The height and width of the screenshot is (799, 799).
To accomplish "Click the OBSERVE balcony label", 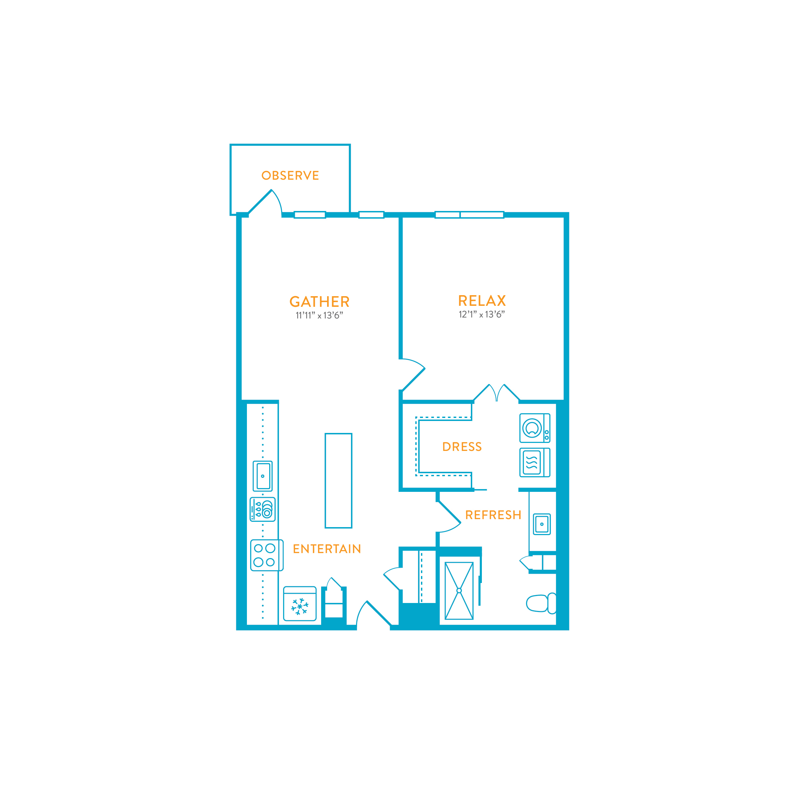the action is [290, 175].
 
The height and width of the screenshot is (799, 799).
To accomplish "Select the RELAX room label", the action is [482, 300].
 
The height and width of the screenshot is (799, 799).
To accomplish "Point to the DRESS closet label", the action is [462, 447].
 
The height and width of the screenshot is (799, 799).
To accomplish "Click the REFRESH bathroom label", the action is [494, 515].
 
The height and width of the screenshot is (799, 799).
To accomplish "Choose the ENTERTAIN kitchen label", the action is [327, 549].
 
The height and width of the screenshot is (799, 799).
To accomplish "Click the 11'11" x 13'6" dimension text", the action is [319, 315].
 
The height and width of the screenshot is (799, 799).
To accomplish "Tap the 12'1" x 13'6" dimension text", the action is [482, 314].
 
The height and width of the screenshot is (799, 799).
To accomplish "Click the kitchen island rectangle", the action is [338, 481].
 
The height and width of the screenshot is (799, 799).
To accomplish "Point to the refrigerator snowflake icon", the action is [300, 606].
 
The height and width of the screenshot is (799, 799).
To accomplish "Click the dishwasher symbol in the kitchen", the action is [263, 509].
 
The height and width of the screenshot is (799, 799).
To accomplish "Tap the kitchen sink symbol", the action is [263, 476].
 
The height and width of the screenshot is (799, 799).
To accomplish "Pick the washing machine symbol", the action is [535, 428].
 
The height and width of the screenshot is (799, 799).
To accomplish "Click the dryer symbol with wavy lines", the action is [535, 462].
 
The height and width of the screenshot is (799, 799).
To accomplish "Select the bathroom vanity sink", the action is [542, 524].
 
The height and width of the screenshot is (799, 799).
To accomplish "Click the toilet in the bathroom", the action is [541, 603].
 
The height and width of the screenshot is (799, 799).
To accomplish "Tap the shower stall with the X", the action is [459, 591].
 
